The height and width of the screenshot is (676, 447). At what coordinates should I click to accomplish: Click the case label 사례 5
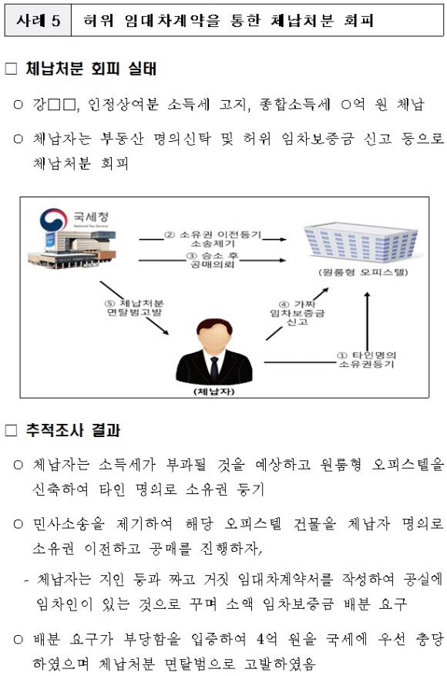point(38,20)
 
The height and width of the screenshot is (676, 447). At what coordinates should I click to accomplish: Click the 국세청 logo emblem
point(53,219)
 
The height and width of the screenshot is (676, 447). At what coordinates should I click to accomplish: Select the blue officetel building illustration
point(361,242)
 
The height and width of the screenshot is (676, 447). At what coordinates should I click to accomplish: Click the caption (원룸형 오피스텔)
point(362,272)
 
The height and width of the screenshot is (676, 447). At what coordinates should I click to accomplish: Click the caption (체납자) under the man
point(214,392)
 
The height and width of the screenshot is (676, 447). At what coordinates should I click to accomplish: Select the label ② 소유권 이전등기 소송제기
point(213,239)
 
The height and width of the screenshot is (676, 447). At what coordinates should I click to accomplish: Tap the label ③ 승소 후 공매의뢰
point(212,260)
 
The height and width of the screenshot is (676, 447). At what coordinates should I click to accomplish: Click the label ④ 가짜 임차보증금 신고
point(297,313)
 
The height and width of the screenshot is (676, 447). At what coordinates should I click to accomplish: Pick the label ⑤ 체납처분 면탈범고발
point(135,308)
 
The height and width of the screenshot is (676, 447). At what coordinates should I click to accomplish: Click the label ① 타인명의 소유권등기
point(366,359)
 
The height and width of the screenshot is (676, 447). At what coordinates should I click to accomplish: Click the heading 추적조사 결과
point(73,430)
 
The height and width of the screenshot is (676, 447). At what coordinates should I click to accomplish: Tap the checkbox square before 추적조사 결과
point(12,430)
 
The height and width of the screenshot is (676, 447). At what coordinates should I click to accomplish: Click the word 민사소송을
point(69,524)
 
